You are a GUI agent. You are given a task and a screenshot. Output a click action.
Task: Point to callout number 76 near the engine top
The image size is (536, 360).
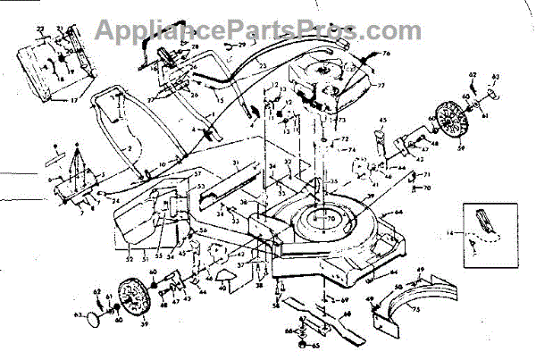[x=386, y=54]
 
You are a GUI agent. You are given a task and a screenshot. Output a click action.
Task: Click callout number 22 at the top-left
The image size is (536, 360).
[x=39, y=29]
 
